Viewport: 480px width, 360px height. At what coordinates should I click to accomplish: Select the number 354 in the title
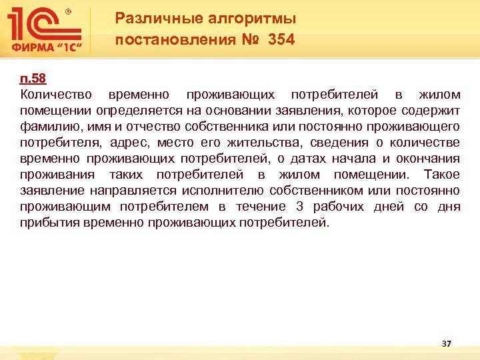pos(281,40)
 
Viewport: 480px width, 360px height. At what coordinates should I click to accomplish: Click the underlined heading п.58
pos(33,79)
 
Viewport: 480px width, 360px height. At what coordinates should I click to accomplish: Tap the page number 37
pos(447,343)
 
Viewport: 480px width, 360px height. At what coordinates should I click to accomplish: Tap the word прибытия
pos(49,223)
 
